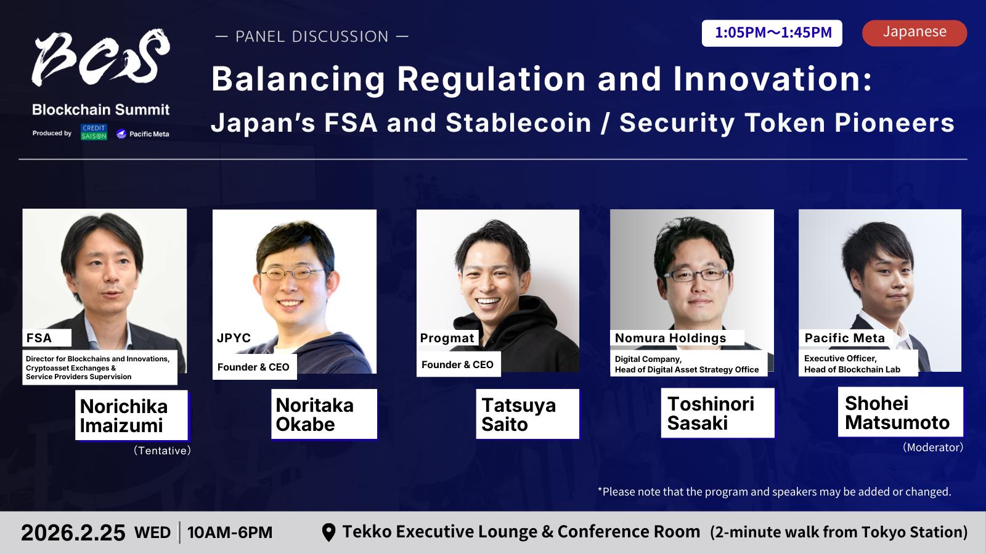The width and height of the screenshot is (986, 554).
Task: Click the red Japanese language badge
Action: (915, 33)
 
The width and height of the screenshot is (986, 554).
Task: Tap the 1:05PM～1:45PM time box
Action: (772, 33)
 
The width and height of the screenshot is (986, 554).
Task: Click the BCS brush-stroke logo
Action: (101, 57)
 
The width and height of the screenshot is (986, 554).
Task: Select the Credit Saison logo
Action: (94, 132)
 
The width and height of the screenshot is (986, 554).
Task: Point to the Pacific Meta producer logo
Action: (142, 134)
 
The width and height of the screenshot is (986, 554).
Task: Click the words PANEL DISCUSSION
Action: (312, 36)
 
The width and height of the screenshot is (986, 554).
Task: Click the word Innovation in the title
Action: (773, 79)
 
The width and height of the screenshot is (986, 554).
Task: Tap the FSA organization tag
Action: (47, 338)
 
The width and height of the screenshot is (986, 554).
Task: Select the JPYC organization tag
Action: (234, 338)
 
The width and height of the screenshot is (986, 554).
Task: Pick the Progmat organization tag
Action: (447, 338)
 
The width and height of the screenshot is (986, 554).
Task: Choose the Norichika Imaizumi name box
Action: (132, 415)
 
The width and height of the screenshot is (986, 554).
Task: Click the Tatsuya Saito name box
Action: (528, 414)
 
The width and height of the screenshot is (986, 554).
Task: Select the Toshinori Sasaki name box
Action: (717, 413)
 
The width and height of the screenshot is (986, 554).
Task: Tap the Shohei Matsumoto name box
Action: (900, 412)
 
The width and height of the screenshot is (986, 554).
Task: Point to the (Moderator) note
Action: (933, 447)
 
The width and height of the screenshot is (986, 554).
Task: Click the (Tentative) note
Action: (162, 450)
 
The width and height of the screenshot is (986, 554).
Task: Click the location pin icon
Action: (329, 532)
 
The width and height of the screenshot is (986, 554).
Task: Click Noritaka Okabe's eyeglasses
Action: (292, 273)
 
